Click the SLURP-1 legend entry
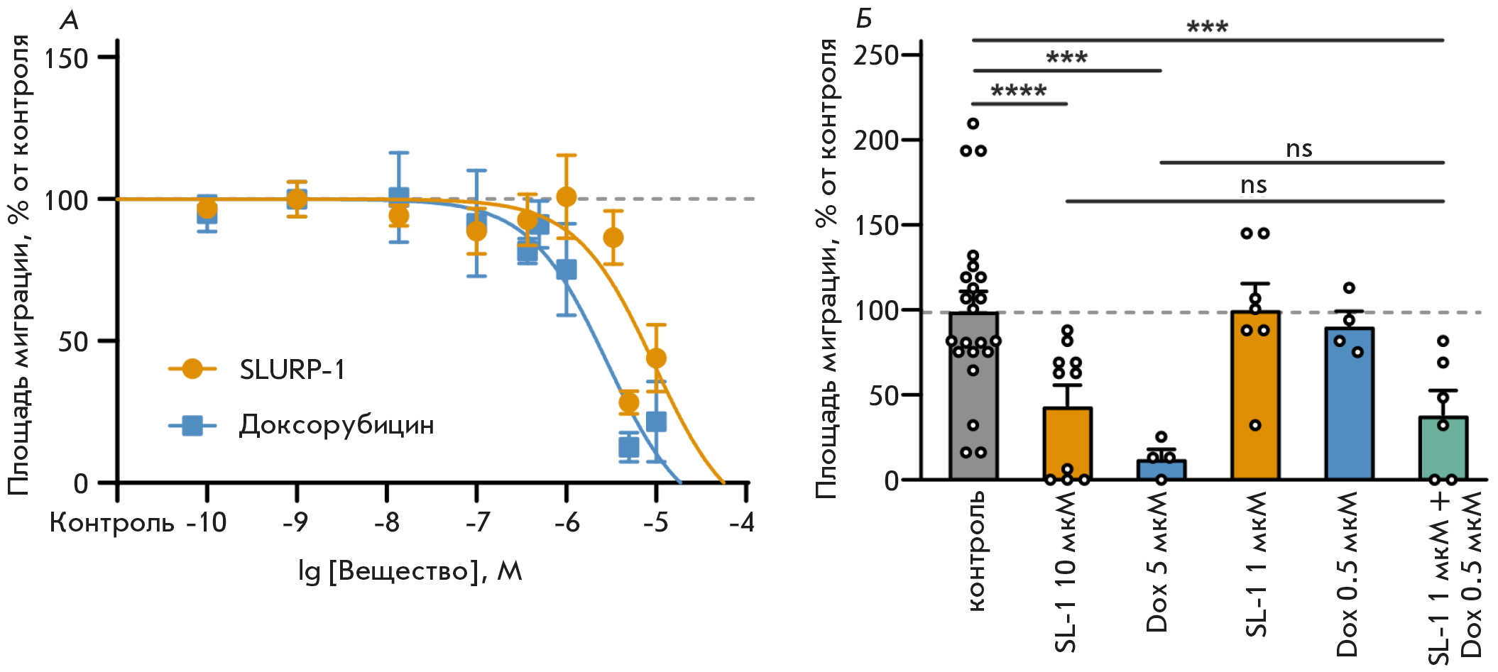pyautogui.click(x=291, y=370)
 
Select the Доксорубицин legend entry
pyautogui.click(x=335, y=425)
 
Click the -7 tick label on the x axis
pyautogui.click(x=478, y=523)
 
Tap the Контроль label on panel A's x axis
pyautogui.click(x=111, y=523)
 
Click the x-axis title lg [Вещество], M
pyautogui.click(x=410, y=571)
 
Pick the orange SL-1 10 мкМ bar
pyautogui.click(x=1067, y=444)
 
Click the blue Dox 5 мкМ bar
pyautogui.click(x=1161, y=470)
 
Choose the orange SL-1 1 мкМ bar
pyautogui.click(x=1255, y=397)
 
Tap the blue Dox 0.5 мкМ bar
pyautogui.click(x=1349, y=404)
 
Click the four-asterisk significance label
pyautogui.click(x=1018, y=91)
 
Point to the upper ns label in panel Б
pyautogui.click(x=1299, y=149)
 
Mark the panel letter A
pyautogui.click(x=69, y=21)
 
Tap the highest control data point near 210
pyautogui.click(x=973, y=123)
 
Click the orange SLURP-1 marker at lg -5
pyautogui.click(x=657, y=358)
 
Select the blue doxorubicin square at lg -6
pyautogui.click(x=567, y=270)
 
